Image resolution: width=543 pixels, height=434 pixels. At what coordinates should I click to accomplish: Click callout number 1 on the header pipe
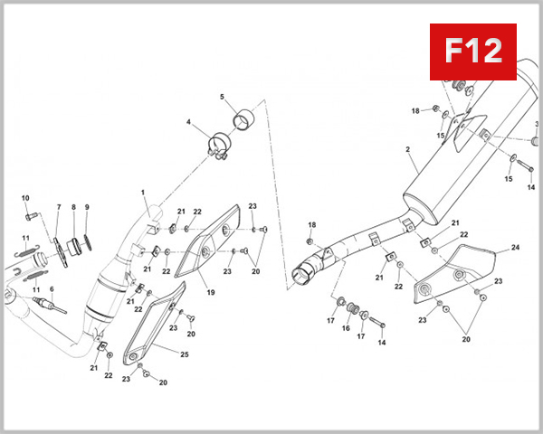[x=143, y=192]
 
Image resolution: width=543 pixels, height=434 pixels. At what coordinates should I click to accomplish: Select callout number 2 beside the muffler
[x=408, y=149]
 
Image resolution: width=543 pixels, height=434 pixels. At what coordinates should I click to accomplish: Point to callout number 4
[x=189, y=122]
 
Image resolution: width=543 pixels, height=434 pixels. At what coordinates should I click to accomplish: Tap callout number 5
[x=222, y=97]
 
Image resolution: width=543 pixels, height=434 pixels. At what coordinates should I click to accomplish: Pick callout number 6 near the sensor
[x=52, y=289]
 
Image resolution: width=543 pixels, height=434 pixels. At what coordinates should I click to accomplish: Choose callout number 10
[x=25, y=198]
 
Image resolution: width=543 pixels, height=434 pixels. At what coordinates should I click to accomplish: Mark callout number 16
[x=345, y=328]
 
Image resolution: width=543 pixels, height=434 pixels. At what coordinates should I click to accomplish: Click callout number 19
[x=209, y=293]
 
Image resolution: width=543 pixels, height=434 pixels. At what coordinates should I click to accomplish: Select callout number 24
[x=515, y=247]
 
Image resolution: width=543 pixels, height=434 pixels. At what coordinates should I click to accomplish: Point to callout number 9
[x=87, y=208]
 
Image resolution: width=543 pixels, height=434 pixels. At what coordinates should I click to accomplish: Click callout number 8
[x=73, y=208]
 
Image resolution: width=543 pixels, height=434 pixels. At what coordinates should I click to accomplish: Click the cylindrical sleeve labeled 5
[x=243, y=120]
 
